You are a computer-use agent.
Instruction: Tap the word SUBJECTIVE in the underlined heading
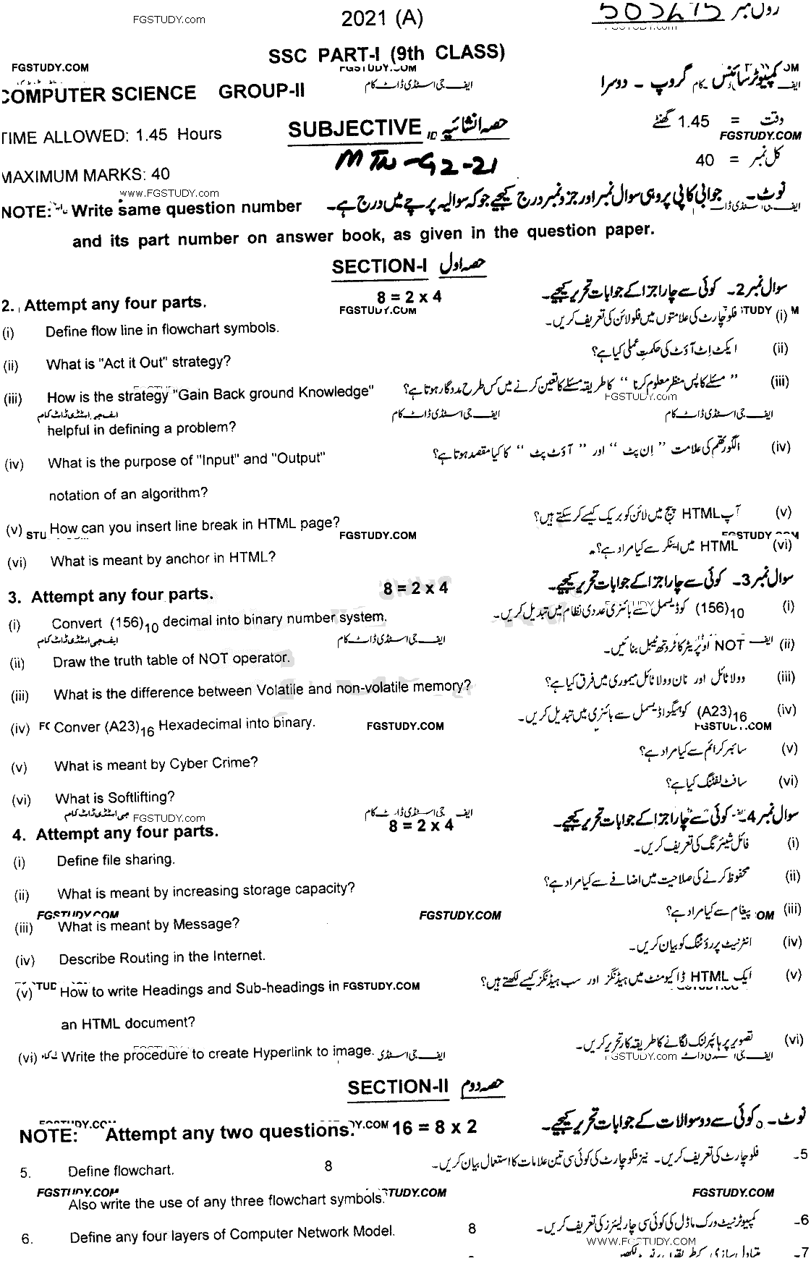click(354, 129)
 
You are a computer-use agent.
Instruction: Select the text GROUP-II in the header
click(261, 92)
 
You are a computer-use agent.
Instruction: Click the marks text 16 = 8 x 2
click(434, 1127)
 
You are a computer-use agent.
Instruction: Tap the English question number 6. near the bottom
click(27, 1239)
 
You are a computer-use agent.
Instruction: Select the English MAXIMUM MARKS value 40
click(161, 174)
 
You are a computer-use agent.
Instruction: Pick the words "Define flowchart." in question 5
click(121, 1171)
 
